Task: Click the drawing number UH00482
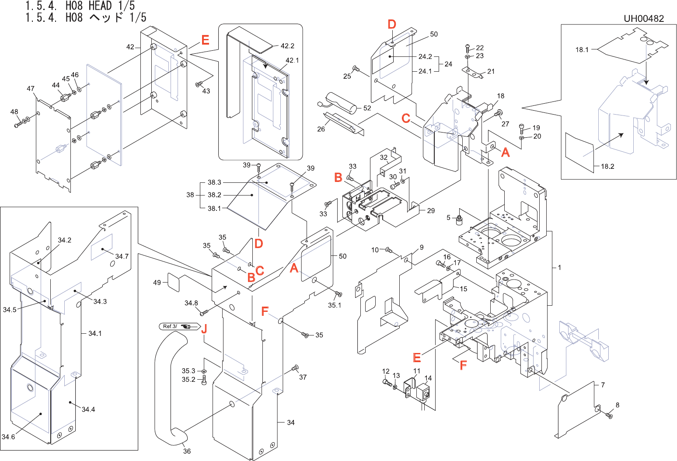coord(644,19)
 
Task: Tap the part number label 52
coord(367,108)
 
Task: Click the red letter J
coord(204,328)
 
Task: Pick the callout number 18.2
coord(607,166)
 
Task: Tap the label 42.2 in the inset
coord(287,46)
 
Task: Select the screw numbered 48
coord(18,124)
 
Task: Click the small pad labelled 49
coord(174,283)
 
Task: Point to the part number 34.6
coord(8,437)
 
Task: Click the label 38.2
coord(214,195)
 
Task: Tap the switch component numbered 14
coord(423,393)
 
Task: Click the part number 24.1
coord(425,71)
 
